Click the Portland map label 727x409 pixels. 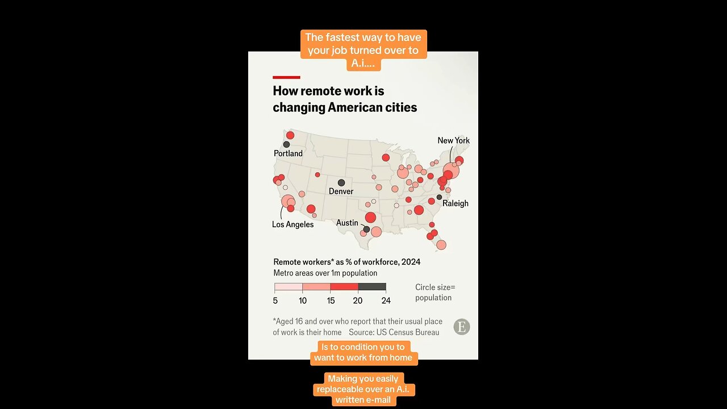pyautogui.click(x=288, y=153)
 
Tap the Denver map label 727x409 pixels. pyautogui.click(x=341, y=191)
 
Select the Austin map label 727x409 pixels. pyautogui.click(x=347, y=223)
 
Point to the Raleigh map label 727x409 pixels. pyautogui.click(x=456, y=203)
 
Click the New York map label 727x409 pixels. pyautogui.click(x=453, y=140)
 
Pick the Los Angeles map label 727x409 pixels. pyautogui.click(x=293, y=224)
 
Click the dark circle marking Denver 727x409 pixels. pyautogui.click(x=341, y=182)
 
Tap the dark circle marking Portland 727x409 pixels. pyautogui.click(x=286, y=144)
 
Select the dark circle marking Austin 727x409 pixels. pyautogui.click(x=366, y=229)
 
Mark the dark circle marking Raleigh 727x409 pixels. pyautogui.click(x=439, y=197)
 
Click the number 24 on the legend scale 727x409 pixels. pyautogui.click(x=386, y=301)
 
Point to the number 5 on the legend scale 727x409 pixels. pyautogui.click(x=275, y=301)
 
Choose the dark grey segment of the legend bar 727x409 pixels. pyautogui.click(x=372, y=287)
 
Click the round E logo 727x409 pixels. pyautogui.click(x=462, y=327)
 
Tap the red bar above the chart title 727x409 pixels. pyautogui.click(x=286, y=77)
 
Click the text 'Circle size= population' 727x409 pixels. pyautogui.click(x=434, y=293)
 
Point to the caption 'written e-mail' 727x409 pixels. pyautogui.click(x=364, y=400)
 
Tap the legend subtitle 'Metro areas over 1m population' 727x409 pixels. pyautogui.click(x=325, y=273)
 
